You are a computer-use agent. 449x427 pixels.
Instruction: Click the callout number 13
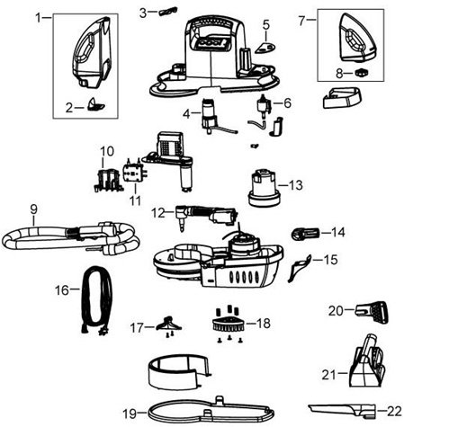point(295,185)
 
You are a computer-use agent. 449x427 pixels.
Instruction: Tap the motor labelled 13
point(263,188)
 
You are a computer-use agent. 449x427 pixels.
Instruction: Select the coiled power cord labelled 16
point(96,299)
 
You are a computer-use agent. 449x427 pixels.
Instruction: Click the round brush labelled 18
point(229,323)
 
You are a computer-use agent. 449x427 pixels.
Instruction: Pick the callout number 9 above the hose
point(34,209)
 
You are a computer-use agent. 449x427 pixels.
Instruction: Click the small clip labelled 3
point(167,12)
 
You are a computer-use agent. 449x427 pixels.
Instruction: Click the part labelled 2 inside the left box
point(96,105)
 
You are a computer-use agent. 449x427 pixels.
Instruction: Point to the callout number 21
point(328,375)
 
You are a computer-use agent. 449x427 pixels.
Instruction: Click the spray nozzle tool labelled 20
point(372,313)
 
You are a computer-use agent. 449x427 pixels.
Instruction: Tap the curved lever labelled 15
point(299,268)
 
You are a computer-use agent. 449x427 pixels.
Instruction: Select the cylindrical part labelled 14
point(306,233)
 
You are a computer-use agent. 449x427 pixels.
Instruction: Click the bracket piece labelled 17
point(169,325)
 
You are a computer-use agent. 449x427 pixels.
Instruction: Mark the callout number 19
point(130,414)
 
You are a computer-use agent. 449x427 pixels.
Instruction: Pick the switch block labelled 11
point(135,173)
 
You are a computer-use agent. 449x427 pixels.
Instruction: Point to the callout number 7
point(301,21)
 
